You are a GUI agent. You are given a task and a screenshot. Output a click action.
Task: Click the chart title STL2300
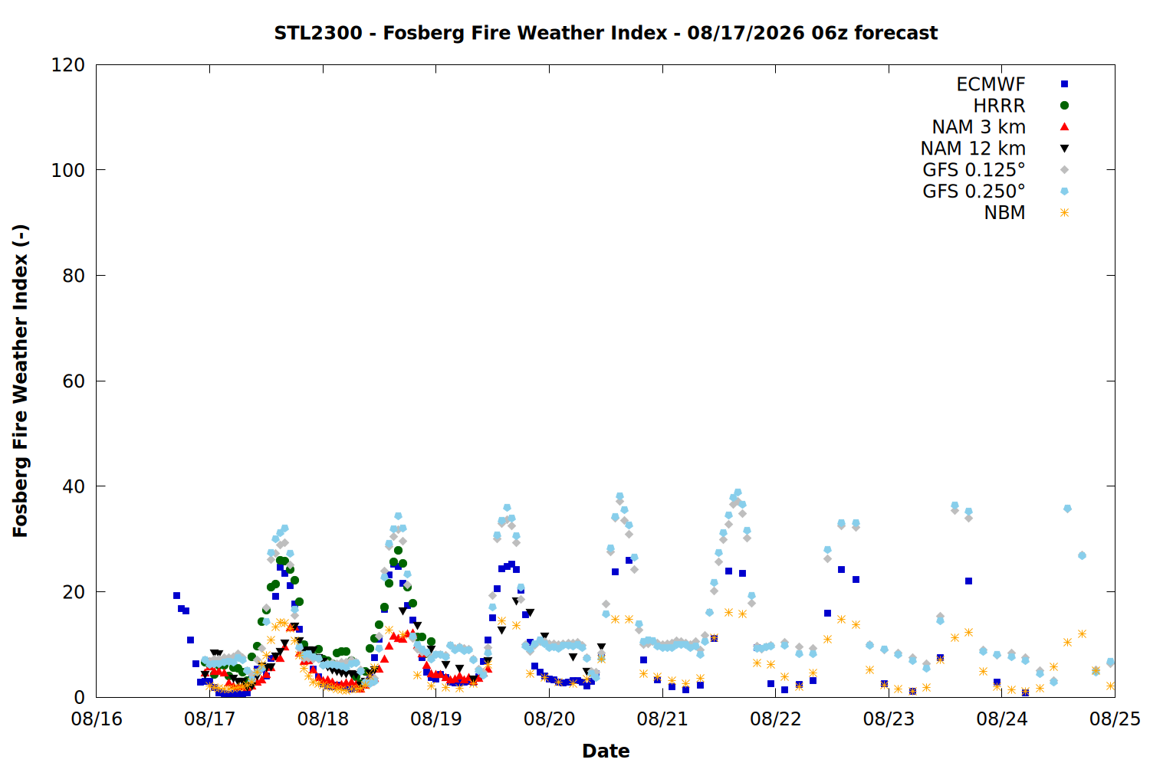pos(318,33)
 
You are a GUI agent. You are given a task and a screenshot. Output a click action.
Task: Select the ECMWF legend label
pos(991,84)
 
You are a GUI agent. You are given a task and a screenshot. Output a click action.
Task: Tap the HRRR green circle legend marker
pos(1064,106)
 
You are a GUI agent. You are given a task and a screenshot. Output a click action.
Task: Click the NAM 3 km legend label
pos(978,126)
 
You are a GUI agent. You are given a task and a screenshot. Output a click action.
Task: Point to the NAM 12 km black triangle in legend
pos(1064,149)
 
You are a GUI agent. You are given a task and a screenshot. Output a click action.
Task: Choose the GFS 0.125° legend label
pos(974,170)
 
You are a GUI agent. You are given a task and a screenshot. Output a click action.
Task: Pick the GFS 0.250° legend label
pos(974,191)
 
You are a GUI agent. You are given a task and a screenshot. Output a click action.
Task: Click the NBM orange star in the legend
pos(1064,213)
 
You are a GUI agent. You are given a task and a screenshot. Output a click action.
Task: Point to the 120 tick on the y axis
pos(67,65)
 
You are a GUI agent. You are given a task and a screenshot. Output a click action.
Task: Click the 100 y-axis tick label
pos(67,170)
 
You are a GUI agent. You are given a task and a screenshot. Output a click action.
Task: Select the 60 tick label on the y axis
pos(74,381)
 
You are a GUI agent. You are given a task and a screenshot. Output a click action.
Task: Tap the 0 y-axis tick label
pos(79,697)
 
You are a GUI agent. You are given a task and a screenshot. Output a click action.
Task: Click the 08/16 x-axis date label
pos(97,719)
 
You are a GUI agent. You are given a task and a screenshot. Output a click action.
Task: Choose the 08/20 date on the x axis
pos(550,719)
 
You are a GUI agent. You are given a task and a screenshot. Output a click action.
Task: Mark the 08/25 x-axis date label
pos(1115,719)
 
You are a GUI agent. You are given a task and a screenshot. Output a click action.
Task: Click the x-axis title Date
pos(606,751)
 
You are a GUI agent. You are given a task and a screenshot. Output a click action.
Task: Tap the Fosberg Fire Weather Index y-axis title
pos(21,381)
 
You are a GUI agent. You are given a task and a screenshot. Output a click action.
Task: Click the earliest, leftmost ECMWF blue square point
pos(176,596)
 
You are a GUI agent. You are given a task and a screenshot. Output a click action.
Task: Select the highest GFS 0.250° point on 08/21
pos(738,493)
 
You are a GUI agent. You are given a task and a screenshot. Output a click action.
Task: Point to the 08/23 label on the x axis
pos(889,719)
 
